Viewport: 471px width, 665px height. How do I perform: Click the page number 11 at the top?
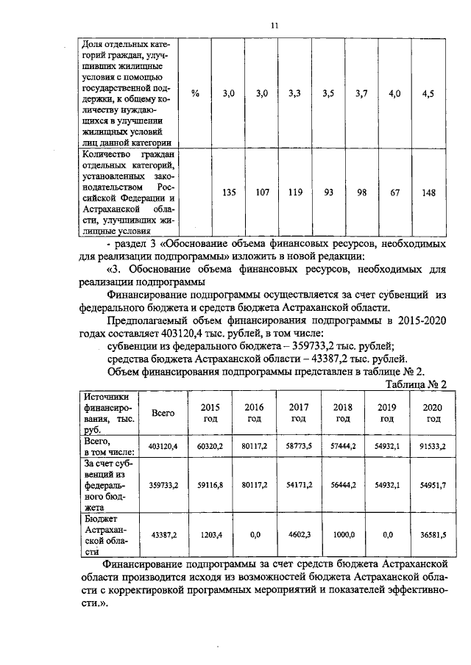pos(273,26)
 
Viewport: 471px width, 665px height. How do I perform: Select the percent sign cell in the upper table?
pos(195,93)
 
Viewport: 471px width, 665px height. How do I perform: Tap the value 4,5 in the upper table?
pos(428,93)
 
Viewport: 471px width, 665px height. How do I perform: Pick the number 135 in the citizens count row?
pos(229,193)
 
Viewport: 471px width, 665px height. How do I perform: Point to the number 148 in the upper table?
pos(428,193)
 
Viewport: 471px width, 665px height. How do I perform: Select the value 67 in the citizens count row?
pos(395,193)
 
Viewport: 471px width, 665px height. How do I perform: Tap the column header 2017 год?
pos(299,413)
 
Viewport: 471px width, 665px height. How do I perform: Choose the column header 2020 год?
pos(433,413)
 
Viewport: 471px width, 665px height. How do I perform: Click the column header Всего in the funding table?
pos(163,413)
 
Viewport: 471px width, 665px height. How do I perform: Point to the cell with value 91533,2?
pos(433,446)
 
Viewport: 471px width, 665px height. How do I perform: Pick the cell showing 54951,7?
pos(433,485)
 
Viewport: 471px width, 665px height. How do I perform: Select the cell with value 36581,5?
pos(433,535)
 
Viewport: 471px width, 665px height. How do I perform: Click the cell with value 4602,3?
pos(299,535)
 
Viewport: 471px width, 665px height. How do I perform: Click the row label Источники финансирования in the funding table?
pos(107,413)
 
